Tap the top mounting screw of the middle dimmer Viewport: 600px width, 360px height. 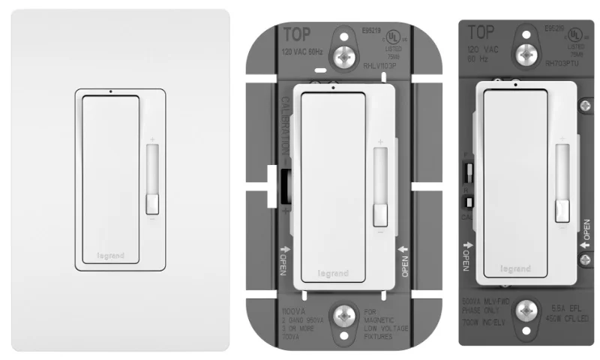click(346, 55)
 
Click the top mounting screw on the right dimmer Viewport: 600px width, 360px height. click(529, 53)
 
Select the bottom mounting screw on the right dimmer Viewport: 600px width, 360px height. click(529, 308)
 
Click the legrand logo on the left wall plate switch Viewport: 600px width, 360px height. click(110, 256)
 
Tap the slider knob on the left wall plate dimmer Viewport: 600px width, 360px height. click(152, 202)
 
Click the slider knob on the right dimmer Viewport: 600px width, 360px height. click(561, 211)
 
